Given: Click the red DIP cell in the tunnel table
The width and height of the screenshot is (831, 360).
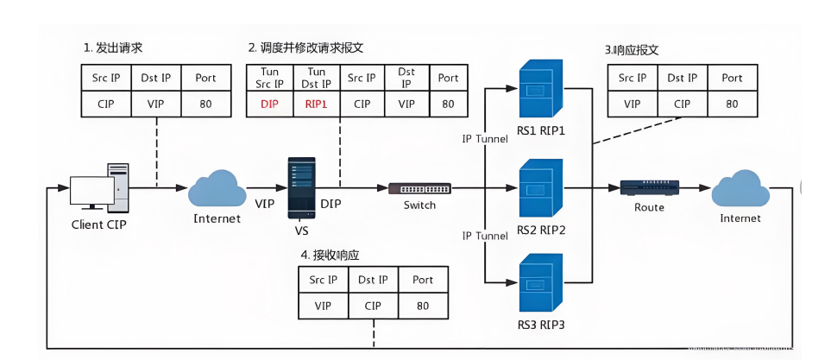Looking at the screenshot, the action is pos(271,104).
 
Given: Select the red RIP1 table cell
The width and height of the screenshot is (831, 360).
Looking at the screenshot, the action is pos(317,104).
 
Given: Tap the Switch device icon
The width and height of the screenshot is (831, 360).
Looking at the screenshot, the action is pos(419,188).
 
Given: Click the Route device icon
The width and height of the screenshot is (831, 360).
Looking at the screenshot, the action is pos(649,187).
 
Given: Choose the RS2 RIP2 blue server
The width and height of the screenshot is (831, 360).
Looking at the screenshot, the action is pos(540,190).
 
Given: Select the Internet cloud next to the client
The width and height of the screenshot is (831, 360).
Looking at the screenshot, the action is pos(217,189).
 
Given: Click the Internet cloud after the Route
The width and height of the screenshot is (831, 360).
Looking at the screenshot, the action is pos(740,189).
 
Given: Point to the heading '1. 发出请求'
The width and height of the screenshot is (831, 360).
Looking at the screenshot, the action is pos(113,47).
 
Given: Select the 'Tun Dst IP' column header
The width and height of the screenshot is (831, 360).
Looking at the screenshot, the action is pos(317,78).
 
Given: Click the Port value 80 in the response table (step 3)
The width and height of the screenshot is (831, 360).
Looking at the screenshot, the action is pos(732,104).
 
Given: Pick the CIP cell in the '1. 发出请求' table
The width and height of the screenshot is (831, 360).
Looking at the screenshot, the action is pos(106,104).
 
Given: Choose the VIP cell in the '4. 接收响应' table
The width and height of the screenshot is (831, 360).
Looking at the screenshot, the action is pos(323,306).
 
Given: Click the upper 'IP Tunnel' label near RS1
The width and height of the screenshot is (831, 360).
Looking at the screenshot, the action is pos(484,140).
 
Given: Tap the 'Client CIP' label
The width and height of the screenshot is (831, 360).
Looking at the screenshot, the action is pos(99,224).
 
